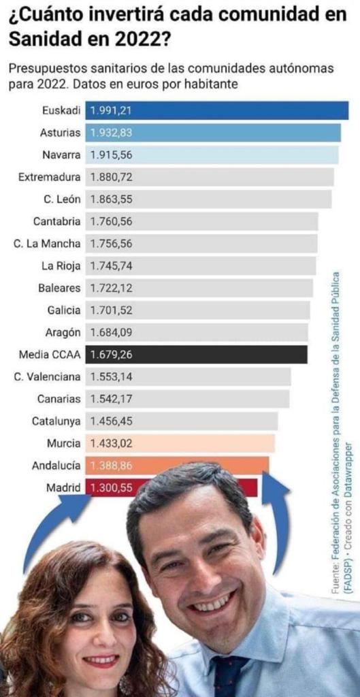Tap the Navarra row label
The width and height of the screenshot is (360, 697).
click(61, 155)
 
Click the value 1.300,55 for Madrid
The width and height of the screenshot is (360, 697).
click(112, 487)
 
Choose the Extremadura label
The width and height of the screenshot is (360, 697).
click(50, 177)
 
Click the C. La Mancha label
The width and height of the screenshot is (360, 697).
click(47, 244)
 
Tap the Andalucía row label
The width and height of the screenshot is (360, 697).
click(56, 466)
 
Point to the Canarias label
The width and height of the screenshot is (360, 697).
click(59, 399)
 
